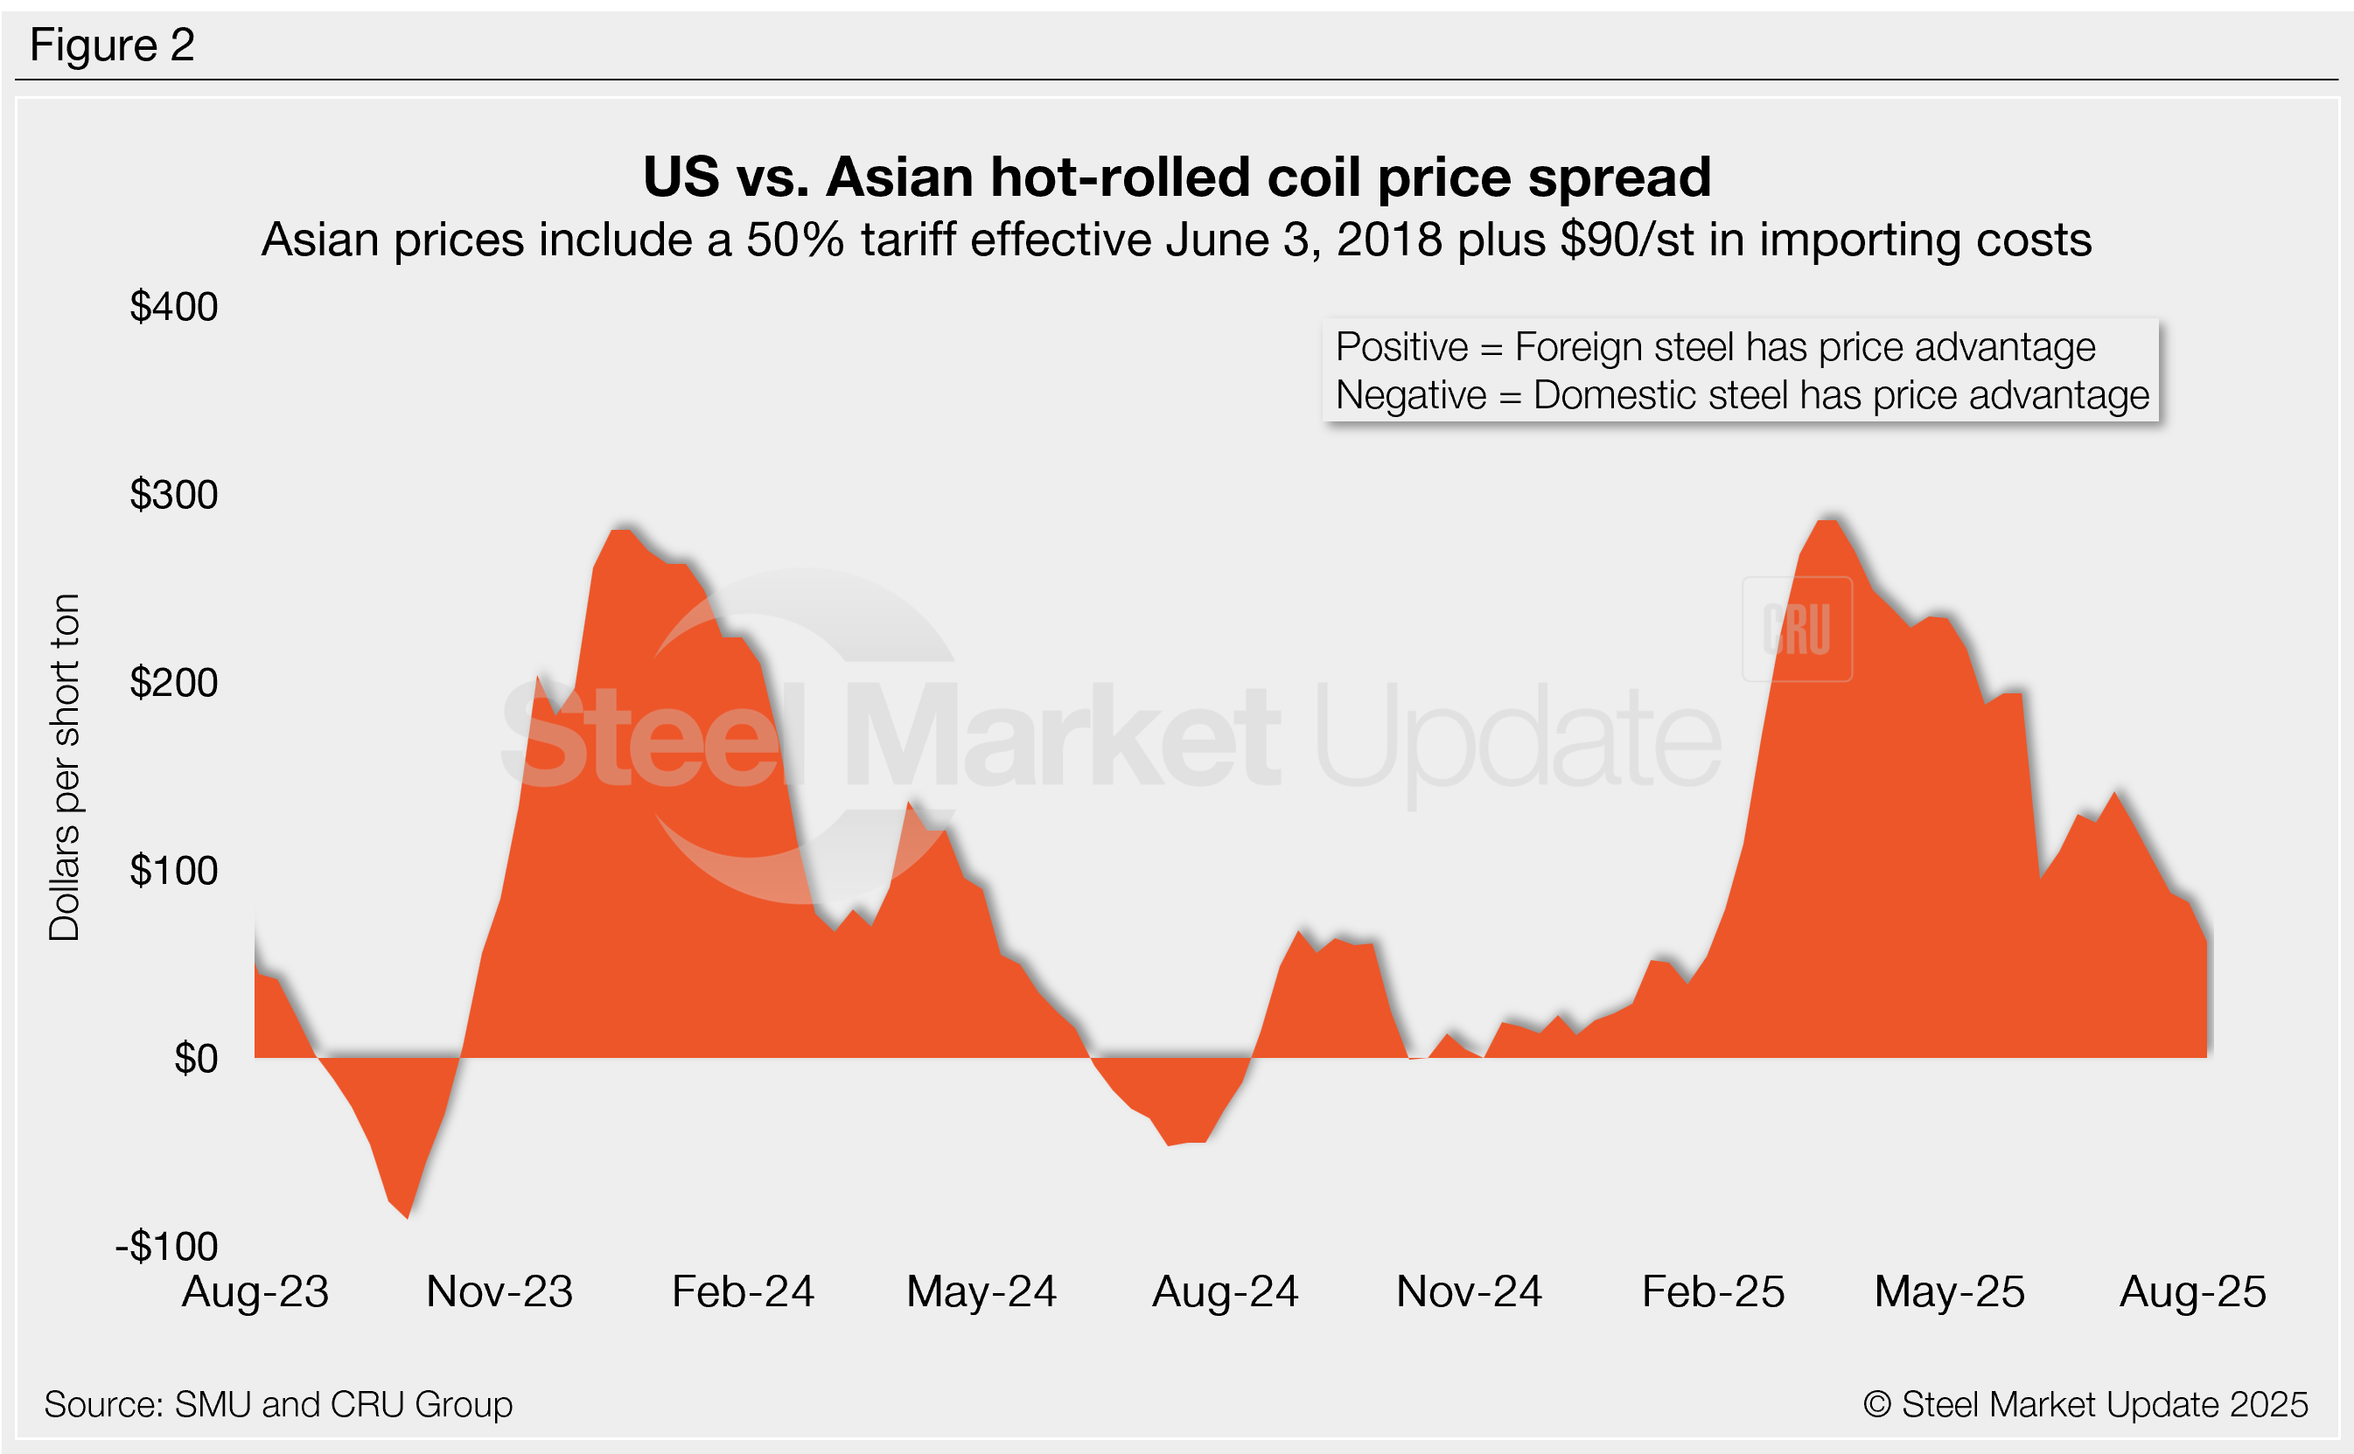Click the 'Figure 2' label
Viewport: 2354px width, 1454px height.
(112, 45)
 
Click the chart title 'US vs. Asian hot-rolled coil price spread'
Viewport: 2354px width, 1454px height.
(1177, 177)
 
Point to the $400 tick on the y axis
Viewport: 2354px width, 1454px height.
(174, 307)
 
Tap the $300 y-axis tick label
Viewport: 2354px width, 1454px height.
(174, 494)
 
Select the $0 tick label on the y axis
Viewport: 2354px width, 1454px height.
(195, 1059)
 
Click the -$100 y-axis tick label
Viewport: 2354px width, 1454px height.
(166, 1246)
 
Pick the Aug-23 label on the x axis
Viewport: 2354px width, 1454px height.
(255, 1291)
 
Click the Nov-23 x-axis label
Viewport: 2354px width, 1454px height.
(499, 1291)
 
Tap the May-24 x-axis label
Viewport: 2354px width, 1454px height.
(981, 1291)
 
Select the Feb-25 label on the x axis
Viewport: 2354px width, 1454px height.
(1712, 1291)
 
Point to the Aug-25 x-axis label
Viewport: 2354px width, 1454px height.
(2192, 1291)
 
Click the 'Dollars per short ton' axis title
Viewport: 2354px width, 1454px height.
(65, 767)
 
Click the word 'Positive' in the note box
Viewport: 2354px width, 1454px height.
(1401, 347)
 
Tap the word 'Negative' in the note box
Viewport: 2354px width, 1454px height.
(1411, 395)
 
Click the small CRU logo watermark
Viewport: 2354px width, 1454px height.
(1797, 630)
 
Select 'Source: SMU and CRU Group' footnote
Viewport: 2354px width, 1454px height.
(278, 1405)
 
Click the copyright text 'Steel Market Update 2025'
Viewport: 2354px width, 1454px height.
(2103, 1405)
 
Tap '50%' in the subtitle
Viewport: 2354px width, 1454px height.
(795, 240)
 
